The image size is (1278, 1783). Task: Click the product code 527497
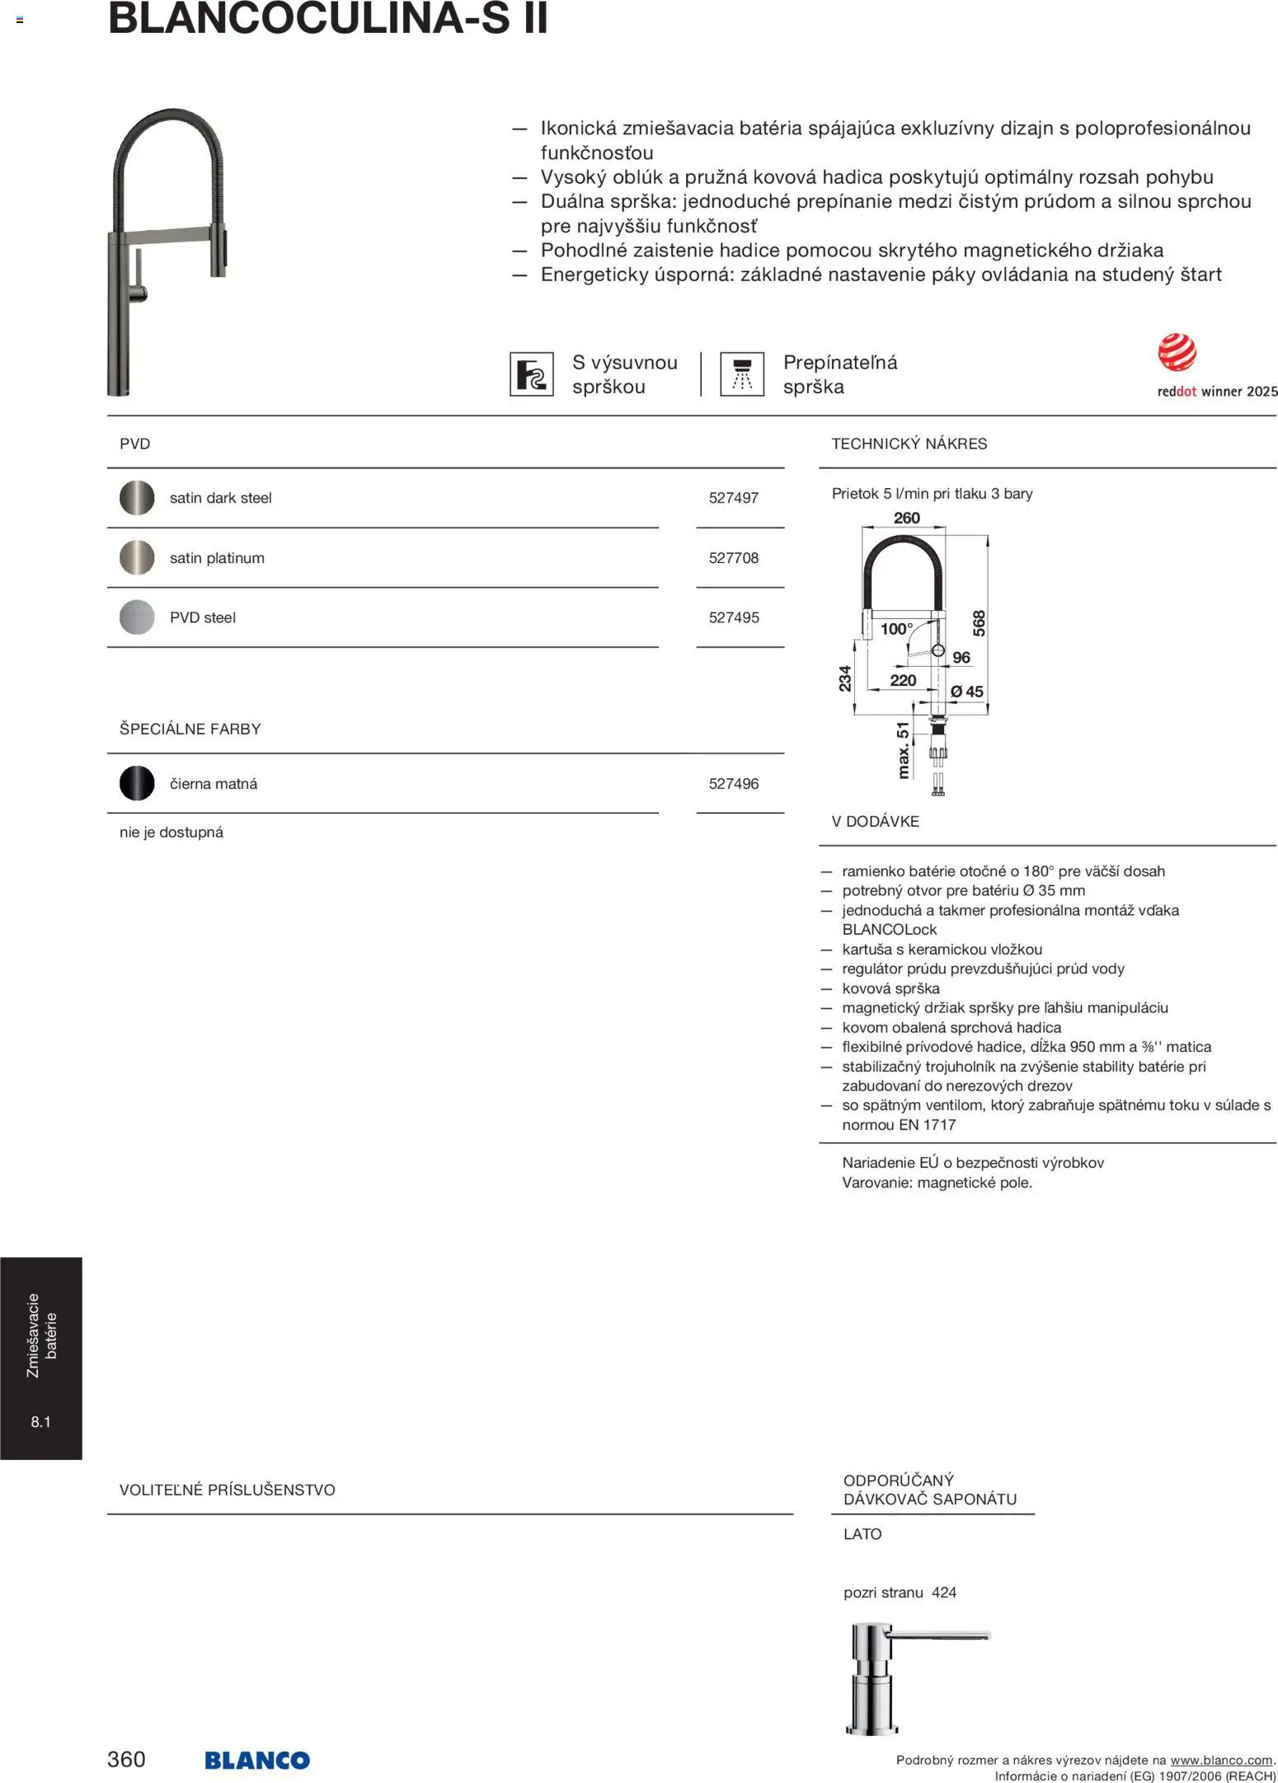coord(733,498)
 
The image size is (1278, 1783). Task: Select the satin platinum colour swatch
coord(137,558)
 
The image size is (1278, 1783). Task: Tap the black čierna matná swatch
coord(137,784)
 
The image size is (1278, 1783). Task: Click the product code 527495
coord(733,617)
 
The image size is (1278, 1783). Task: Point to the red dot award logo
coord(1177,353)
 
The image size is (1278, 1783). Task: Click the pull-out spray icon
coord(531,374)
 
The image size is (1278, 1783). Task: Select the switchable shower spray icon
coord(741,374)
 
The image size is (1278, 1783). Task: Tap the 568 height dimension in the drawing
coord(979,623)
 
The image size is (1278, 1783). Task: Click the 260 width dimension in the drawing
coord(906,518)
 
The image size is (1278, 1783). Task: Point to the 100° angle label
coord(896,629)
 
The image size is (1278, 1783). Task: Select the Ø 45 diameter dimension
coord(966,692)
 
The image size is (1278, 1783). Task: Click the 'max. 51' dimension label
coord(903,750)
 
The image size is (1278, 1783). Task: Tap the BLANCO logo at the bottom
coord(257,1760)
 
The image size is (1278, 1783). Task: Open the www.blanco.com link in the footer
coord(1221,1761)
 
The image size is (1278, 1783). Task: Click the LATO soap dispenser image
coord(915,1678)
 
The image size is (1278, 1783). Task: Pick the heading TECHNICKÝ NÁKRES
coord(909,444)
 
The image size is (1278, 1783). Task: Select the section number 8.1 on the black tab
coord(40,1421)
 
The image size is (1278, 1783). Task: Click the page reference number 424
coord(944,1593)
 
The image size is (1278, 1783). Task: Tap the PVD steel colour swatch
coord(137,617)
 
